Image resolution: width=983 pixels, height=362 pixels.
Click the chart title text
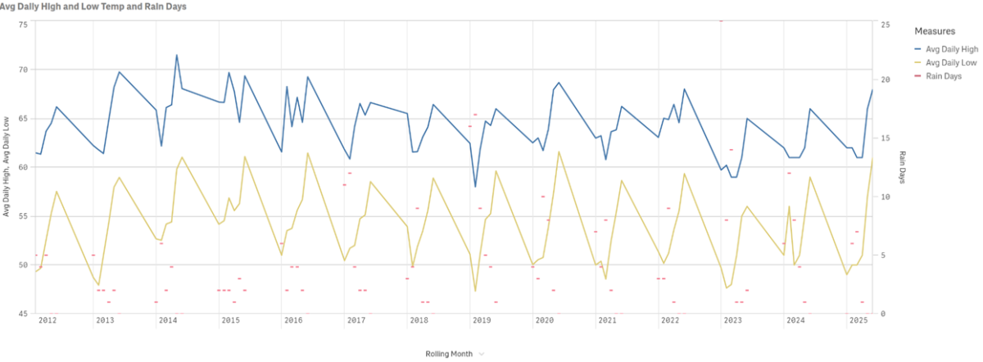tap(93, 7)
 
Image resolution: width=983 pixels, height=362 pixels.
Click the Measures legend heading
tap(935, 32)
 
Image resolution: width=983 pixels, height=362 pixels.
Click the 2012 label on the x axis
tap(48, 320)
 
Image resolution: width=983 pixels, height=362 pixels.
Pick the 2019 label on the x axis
tap(482, 320)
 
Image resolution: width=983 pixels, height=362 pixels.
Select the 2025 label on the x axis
tap(858, 320)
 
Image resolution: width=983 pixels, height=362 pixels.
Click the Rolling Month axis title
tap(448, 354)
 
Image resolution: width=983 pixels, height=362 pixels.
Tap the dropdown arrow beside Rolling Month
tap(482, 354)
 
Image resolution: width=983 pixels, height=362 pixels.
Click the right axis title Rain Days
tap(903, 167)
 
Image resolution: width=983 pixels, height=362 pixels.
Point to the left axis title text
tap(7, 167)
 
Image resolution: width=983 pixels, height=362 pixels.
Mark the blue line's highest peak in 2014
tap(177, 55)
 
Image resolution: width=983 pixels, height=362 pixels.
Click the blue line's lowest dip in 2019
tap(475, 187)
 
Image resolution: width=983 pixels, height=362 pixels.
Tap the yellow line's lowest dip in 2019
tap(475, 291)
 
